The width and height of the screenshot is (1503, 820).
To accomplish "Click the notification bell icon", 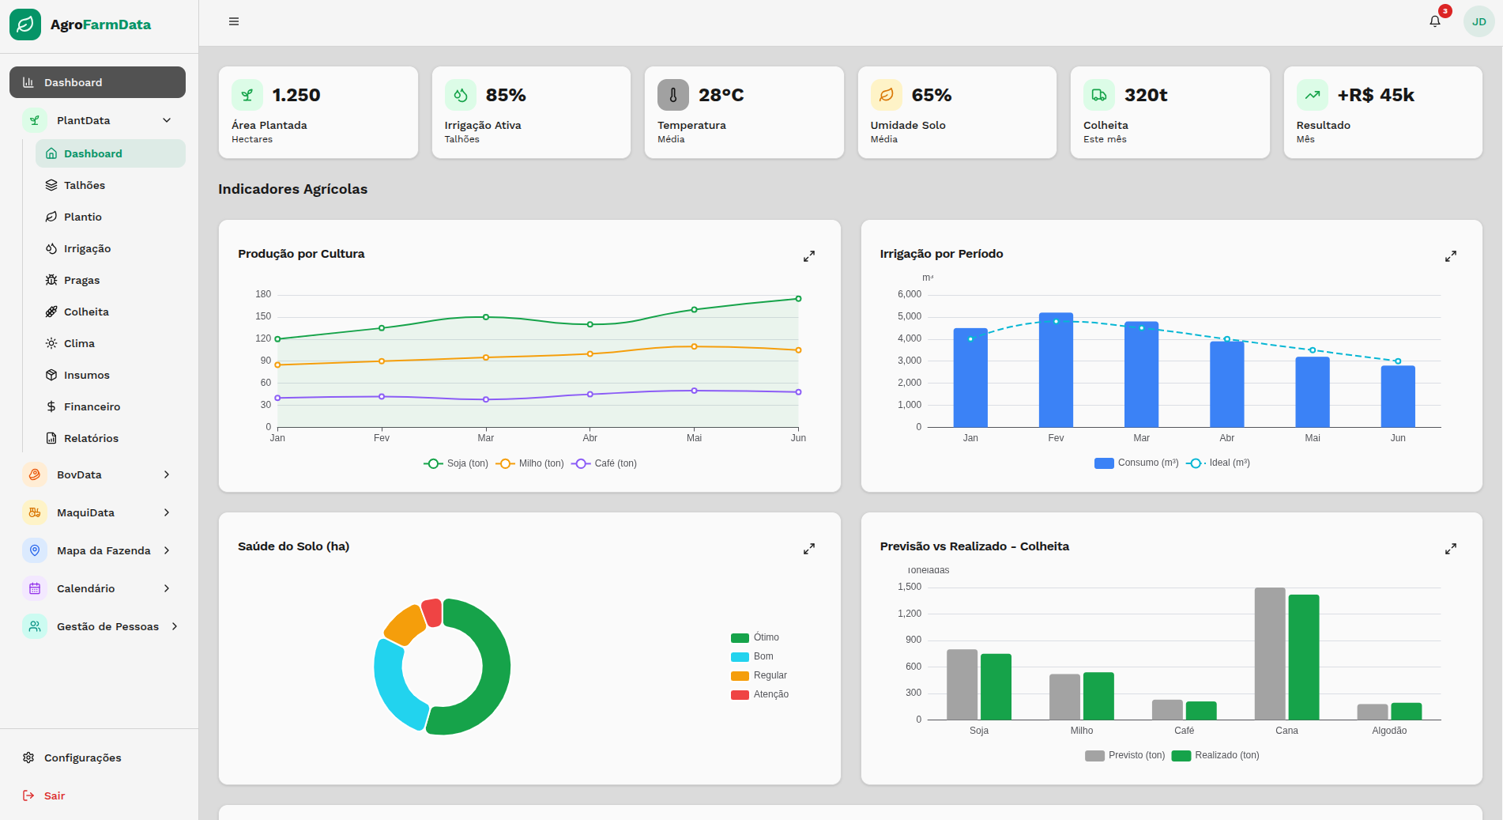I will pos(1435,21).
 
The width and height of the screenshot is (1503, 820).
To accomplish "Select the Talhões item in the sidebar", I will pos(84,185).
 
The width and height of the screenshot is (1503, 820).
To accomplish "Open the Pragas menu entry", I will pos(81,280).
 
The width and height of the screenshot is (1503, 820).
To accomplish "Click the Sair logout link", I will pos(54,795).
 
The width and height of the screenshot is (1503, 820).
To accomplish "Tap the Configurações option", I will pos(82,758).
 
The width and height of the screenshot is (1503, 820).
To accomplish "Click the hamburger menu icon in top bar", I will pos(234,21).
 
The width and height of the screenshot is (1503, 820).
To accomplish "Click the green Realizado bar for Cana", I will pos(1304,656).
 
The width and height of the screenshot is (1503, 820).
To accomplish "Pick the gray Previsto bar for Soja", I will pos(962,684).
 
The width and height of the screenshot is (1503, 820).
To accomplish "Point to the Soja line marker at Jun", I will pos(798,299).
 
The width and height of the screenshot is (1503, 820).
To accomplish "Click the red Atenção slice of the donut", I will pos(431,612).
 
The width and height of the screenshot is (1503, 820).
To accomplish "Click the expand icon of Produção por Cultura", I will pos(809,256).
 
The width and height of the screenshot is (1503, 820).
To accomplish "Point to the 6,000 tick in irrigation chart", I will pos(909,294).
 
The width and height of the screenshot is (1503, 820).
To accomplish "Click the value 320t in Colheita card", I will pos(1146,95).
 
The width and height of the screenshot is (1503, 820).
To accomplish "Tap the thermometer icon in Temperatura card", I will pos(673,95).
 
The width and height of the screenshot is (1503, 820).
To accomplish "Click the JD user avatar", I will pos(1479,21).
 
